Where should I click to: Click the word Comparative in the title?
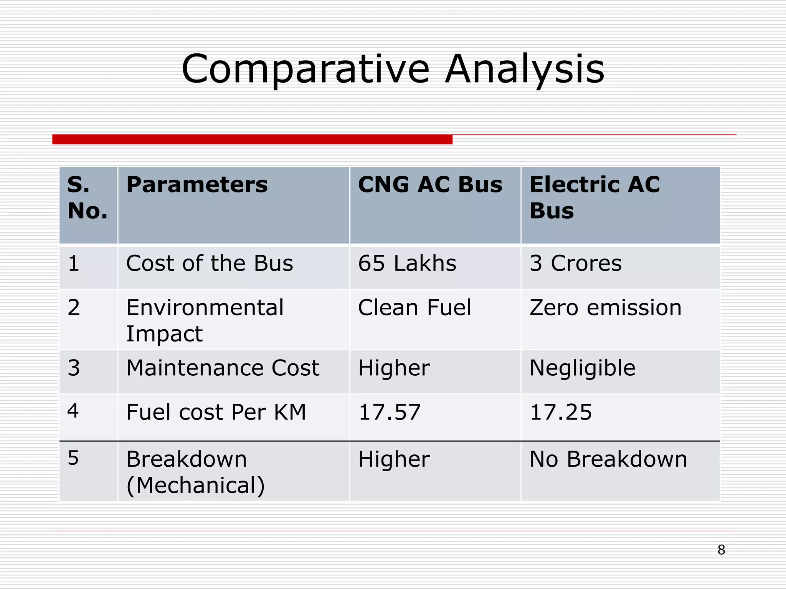pyautogui.click(x=305, y=69)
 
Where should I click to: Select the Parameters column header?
pyautogui.click(x=197, y=185)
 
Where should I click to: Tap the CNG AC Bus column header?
pyautogui.click(x=430, y=185)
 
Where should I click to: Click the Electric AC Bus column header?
pyautogui.click(x=594, y=197)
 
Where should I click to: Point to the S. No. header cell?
pyautogui.click(x=87, y=197)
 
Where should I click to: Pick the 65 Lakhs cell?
pyautogui.click(x=407, y=264)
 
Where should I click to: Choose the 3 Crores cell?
pyautogui.click(x=575, y=264)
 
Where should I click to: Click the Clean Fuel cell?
pyautogui.click(x=414, y=308)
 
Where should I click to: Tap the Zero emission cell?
pyautogui.click(x=605, y=308)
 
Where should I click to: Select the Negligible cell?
pyautogui.click(x=582, y=368)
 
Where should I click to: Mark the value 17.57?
pyautogui.click(x=389, y=412)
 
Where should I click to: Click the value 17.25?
pyautogui.click(x=561, y=412)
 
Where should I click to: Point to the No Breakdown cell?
pyautogui.click(x=608, y=459)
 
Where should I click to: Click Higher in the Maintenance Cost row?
pyautogui.click(x=394, y=368)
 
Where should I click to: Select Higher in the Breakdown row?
pyautogui.click(x=394, y=459)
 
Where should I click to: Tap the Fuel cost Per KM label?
pyautogui.click(x=216, y=412)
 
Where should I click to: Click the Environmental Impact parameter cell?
pyautogui.click(x=205, y=320)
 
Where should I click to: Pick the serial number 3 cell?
pyautogui.click(x=74, y=368)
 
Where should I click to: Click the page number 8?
pyautogui.click(x=721, y=550)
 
